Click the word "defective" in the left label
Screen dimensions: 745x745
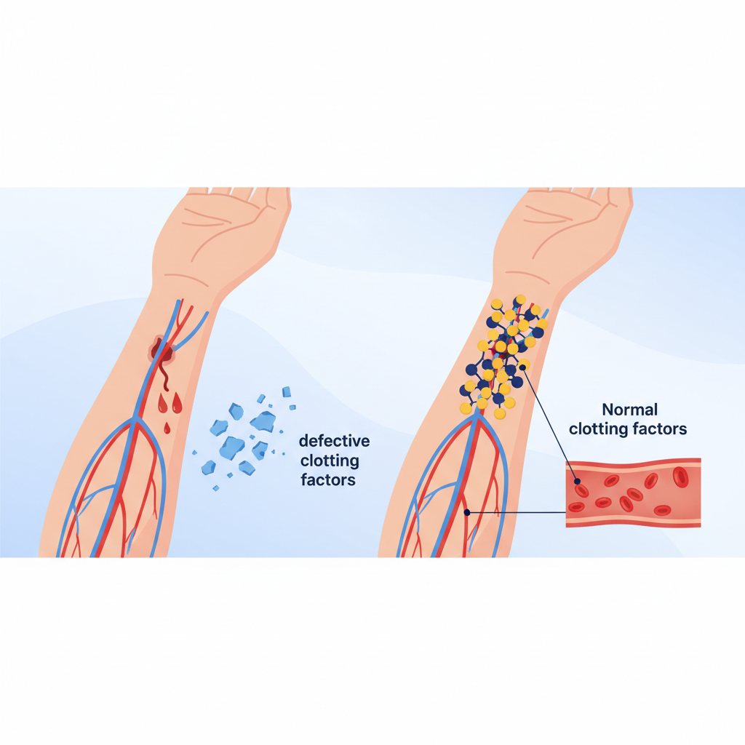tap(334, 441)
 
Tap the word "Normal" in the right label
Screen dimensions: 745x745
tap(629, 409)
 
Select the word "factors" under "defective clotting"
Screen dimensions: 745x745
tap(328, 480)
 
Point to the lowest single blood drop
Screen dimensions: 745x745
tap(167, 429)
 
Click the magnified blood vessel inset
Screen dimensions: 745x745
tap(634, 493)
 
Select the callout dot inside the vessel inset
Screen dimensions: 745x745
tap(577, 482)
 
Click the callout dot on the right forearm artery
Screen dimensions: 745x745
tap(467, 513)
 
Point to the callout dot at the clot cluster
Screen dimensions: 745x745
tap(522, 367)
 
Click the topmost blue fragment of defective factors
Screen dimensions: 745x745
tap(287, 392)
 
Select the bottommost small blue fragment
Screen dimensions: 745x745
tap(215, 488)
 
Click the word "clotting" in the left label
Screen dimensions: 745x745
tap(330, 461)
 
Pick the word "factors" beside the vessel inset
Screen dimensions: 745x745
tap(658, 429)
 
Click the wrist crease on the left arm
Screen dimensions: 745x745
tap(186, 279)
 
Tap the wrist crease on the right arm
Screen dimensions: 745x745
tap(528, 276)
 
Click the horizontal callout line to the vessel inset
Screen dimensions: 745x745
tap(517, 513)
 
